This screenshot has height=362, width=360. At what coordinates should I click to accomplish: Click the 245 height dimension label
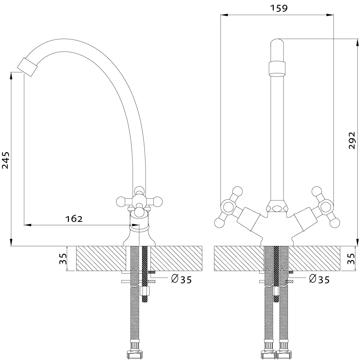(x=5, y=160)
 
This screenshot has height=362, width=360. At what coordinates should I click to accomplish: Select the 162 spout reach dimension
(x=74, y=219)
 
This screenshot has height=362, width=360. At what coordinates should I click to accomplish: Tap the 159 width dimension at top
(x=279, y=8)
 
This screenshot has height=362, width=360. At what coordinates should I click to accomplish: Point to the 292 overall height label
(x=352, y=141)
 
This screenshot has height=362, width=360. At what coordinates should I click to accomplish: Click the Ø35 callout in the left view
(x=181, y=279)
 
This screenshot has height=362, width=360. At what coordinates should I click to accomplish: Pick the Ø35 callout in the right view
(x=319, y=279)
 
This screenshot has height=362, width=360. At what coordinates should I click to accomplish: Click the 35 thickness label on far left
(x=63, y=258)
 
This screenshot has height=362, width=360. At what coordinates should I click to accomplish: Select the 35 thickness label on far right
(x=351, y=258)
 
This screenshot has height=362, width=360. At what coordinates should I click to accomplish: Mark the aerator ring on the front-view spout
(x=277, y=69)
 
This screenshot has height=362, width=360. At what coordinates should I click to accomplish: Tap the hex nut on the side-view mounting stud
(x=145, y=290)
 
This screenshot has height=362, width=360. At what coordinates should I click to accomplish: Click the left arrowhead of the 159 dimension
(x=224, y=15)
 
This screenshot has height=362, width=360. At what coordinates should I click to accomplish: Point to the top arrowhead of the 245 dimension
(x=11, y=76)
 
